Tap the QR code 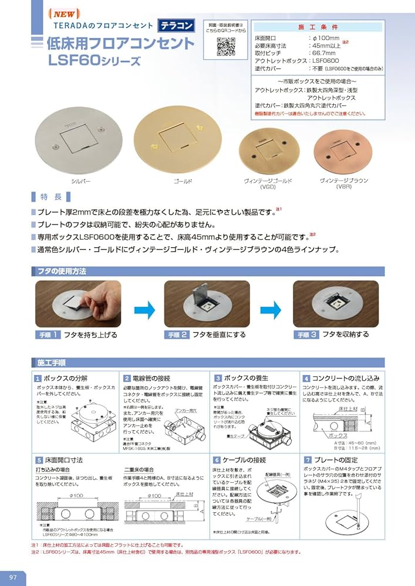point(225,46)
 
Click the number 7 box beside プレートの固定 point(307,460)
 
